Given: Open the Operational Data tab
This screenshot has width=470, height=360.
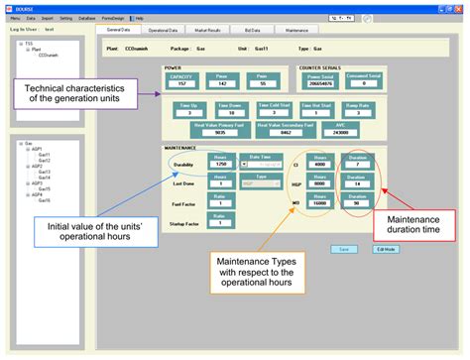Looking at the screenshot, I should coord(163,31).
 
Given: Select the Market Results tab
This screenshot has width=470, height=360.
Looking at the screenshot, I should coord(206,31).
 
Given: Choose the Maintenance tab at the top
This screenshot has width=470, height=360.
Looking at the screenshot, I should coord(296,31).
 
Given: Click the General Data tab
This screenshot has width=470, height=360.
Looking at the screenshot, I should coord(118,31).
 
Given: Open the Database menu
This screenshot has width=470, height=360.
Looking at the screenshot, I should coord(87,18).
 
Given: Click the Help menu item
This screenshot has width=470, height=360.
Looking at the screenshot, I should coord(139,18).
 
